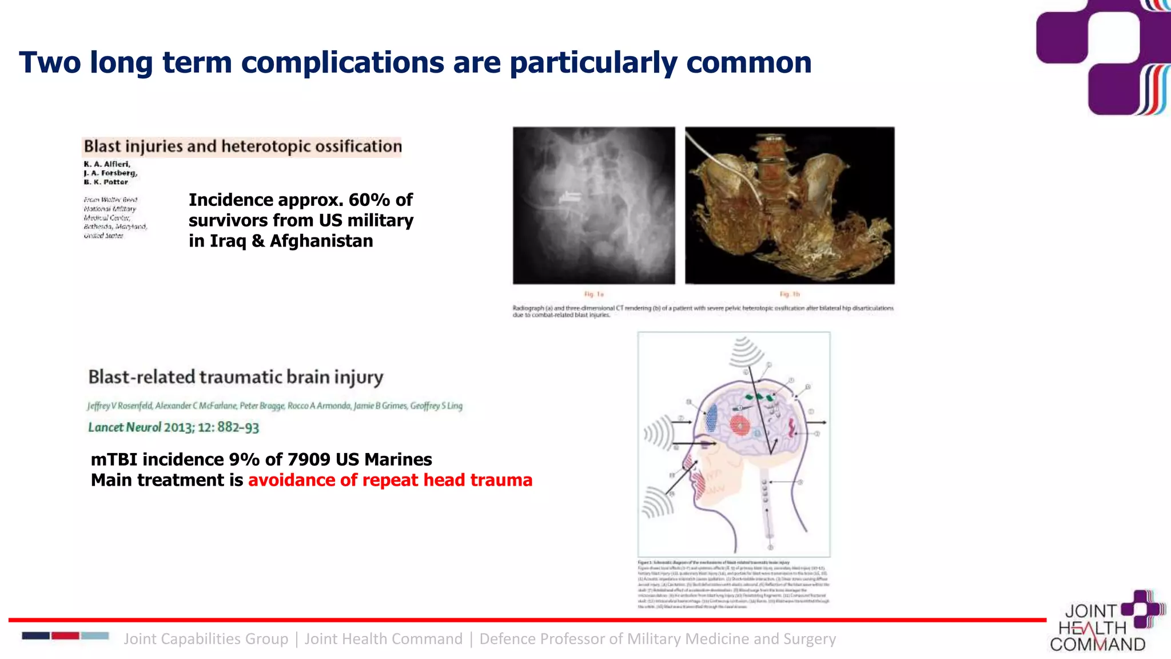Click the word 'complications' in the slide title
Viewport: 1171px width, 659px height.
click(342, 62)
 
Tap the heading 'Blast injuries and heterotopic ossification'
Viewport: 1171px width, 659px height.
click(242, 146)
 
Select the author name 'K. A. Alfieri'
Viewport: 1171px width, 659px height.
click(107, 164)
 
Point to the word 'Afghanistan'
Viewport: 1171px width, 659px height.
click(321, 241)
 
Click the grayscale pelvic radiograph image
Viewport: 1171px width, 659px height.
click(594, 205)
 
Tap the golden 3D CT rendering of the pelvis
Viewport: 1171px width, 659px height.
click(790, 205)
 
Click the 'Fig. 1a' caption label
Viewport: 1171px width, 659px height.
click(594, 294)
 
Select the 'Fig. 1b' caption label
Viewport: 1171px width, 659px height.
click(790, 294)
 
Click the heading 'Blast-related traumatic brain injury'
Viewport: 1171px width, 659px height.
click(236, 377)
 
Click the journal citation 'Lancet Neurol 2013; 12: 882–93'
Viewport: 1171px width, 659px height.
click(173, 427)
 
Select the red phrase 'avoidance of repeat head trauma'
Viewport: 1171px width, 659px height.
click(390, 480)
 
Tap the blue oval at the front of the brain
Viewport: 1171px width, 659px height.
click(711, 418)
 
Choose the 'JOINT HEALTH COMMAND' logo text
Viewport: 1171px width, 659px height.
click(1097, 628)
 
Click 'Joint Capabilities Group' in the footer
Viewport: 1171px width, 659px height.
click(206, 639)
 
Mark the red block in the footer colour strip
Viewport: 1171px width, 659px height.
click(65, 636)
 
